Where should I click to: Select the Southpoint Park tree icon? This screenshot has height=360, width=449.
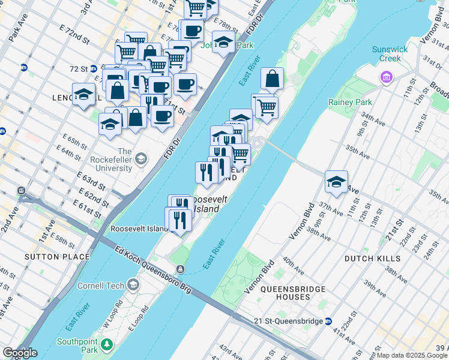pos(107,344)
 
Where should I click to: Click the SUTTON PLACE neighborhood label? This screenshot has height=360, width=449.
pos(57,257)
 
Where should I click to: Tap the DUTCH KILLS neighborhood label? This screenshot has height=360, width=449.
pos(372,258)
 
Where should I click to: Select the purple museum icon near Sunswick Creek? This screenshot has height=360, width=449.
pos(385,77)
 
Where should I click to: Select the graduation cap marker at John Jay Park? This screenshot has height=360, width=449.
pos(223,43)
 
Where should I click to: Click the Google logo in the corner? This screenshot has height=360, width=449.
pos(20,353)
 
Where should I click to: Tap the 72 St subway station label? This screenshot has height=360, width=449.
pos(79,69)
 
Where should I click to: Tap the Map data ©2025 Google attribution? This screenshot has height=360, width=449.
pos(412,355)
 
